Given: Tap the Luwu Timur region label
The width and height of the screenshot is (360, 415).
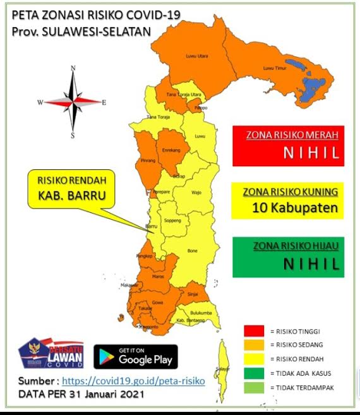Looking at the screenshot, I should [x=276, y=68].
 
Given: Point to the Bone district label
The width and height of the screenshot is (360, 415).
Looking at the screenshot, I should [x=193, y=250].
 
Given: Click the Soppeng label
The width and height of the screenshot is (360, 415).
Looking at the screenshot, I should [x=173, y=220].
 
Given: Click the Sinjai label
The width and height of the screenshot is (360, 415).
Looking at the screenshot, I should [x=195, y=294].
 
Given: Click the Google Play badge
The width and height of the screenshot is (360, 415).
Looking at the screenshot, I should [x=136, y=356].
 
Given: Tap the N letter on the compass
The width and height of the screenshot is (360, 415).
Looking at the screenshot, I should [x=73, y=68].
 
